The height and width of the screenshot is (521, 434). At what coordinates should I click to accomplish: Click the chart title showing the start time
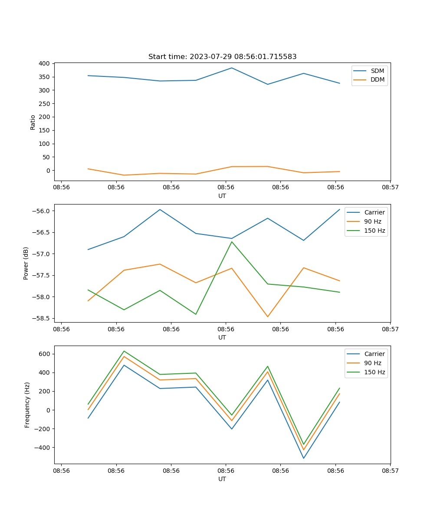tap(222, 57)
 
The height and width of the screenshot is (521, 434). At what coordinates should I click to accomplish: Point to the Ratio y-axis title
tap(33, 122)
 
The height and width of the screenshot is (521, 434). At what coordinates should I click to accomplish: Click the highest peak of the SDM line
tap(232, 68)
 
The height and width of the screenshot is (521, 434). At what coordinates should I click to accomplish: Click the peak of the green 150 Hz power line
tap(232, 242)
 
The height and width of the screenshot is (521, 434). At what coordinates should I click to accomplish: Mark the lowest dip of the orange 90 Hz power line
tap(268, 317)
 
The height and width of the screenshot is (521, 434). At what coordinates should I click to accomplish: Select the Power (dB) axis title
tap(26, 263)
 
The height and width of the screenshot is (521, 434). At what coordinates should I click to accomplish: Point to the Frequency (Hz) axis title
tap(27, 405)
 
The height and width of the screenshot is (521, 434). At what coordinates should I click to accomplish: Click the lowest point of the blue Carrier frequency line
tap(303, 458)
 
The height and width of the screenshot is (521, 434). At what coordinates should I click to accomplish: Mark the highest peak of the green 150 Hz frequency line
tap(124, 351)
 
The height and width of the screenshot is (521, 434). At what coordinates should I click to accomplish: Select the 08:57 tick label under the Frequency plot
tap(390, 471)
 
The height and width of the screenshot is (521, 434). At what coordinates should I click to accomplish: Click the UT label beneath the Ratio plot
tap(222, 196)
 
